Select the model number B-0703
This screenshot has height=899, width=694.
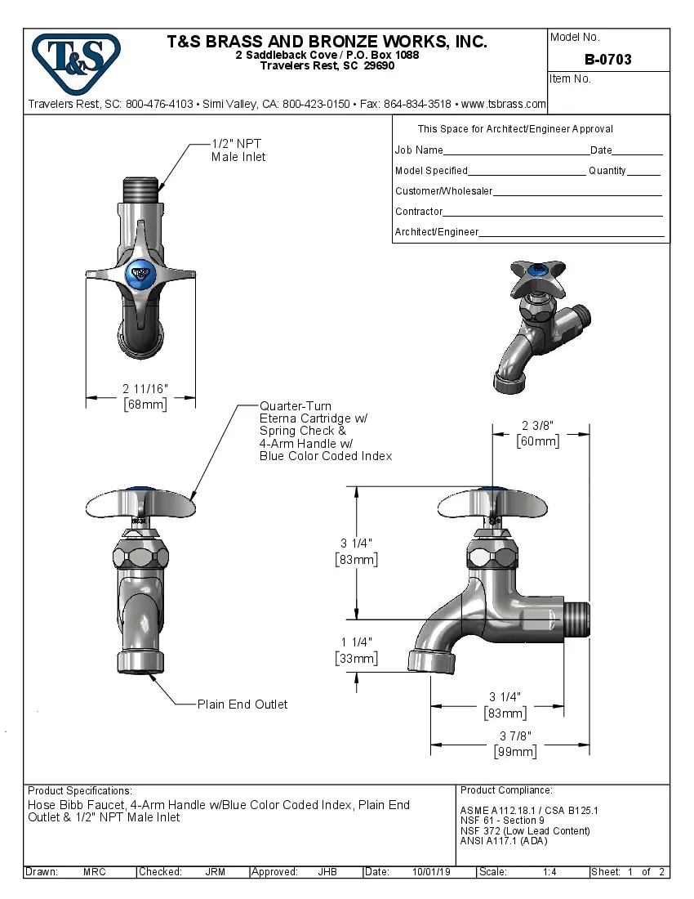click(607, 60)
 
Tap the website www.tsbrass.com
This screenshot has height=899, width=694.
click(503, 105)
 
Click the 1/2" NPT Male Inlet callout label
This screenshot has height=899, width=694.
click(238, 150)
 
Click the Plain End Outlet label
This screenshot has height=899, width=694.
click(242, 704)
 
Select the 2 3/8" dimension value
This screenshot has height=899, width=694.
click(537, 425)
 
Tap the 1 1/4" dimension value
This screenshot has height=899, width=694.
click(356, 642)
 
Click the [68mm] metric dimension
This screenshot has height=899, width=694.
click(145, 405)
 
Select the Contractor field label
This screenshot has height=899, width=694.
click(419, 212)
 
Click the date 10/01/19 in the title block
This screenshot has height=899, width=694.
click(432, 872)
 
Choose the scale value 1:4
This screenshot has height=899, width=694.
click(549, 872)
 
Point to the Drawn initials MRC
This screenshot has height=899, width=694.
click(94, 872)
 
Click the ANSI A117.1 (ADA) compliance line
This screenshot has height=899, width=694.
click(504, 841)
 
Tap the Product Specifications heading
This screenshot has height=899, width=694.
click(79, 791)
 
